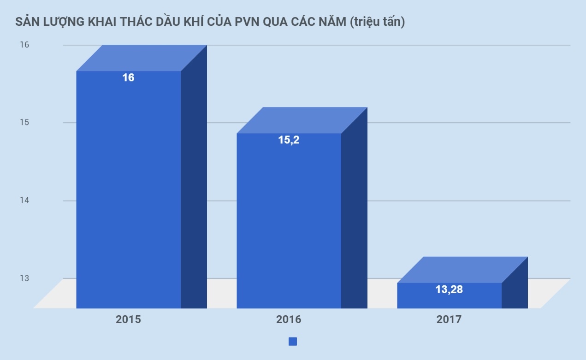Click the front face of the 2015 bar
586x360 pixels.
point(128,194)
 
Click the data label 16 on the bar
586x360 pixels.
point(128,78)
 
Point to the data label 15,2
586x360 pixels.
point(289,140)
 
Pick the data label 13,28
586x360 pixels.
point(449,289)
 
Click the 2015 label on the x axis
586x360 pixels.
point(128,319)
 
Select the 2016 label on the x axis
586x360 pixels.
point(289,319)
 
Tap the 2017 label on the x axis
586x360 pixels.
point(449,319)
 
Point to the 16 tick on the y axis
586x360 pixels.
point(24,45)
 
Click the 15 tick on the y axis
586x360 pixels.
point(24,123)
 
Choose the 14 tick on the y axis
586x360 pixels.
point(24,201)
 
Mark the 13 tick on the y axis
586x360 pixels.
point(24,278)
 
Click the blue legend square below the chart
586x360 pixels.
point(293,342)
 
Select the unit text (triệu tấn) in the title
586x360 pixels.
point(377,22)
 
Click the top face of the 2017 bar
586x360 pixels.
point(462,270)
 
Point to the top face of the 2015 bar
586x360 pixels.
point(141,58)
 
